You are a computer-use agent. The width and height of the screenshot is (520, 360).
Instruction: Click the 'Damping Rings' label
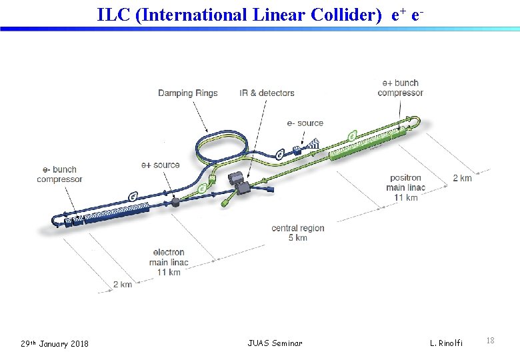[187, 93]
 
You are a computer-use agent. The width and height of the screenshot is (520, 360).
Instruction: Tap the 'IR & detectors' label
[267, 93]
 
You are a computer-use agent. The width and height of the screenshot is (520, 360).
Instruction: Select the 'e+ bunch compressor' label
[400, 87]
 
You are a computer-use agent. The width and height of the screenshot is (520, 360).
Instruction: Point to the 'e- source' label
[305, 123]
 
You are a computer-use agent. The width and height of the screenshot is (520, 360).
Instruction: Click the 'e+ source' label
[160, 165]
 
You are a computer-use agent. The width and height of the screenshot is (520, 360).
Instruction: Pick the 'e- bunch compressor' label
[59, 174]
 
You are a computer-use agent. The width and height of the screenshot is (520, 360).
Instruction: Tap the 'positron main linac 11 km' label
[405, 187]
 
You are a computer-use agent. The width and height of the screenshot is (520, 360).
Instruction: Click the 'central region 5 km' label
[297, 233]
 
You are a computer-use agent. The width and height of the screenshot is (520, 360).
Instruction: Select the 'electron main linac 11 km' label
[169, 262]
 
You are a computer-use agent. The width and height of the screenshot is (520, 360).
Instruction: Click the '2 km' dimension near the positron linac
[462, 178]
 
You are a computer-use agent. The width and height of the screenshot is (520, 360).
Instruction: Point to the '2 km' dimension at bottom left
[123, 284]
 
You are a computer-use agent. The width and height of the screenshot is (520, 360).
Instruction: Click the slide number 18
[490, 341]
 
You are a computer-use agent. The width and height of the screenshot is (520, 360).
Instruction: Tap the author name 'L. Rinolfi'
[446, 343]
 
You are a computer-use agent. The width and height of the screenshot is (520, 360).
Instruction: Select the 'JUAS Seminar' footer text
[275, 343]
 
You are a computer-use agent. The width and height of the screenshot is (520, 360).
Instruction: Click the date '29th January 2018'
[55, 343]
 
